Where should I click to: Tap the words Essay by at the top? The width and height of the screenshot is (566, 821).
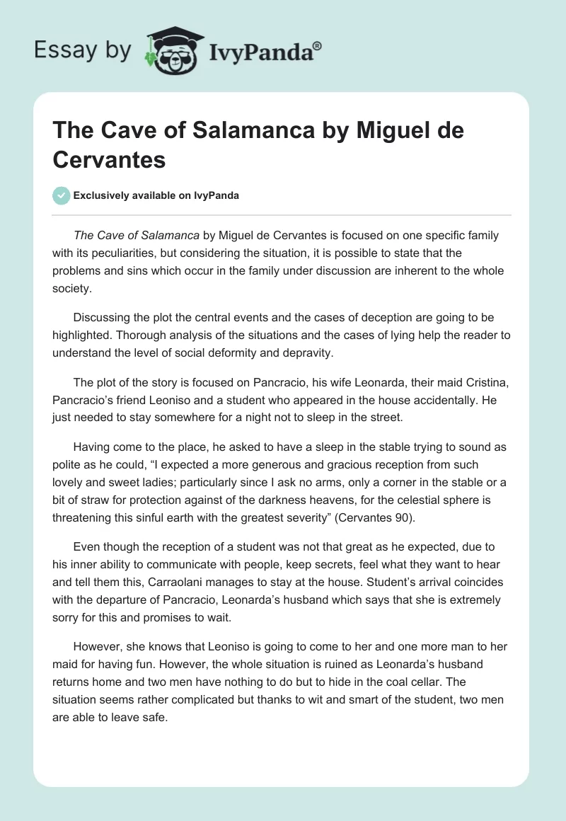coord(81,50)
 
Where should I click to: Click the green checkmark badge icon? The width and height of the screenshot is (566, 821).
coord(61,195)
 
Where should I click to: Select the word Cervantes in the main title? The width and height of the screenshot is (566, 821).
coord(109,160)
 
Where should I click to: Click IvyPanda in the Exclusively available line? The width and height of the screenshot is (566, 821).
coord(216,196)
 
